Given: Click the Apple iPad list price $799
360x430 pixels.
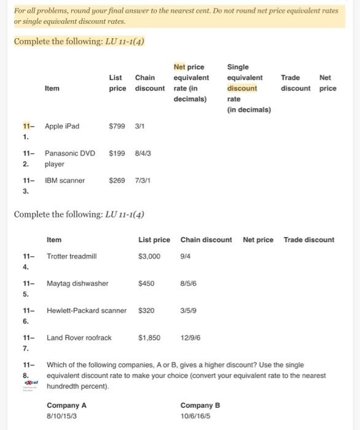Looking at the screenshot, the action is click(x=117, y=127).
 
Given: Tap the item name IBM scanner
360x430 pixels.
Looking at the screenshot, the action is click(x=65, y=181).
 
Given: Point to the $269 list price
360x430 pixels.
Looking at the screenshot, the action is click(x=117, y=181).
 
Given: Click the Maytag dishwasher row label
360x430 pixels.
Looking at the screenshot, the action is click(x=77, y=283).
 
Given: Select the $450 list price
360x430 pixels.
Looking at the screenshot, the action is click(x=147, y=283).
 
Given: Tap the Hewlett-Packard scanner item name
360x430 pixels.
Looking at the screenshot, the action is click(x=87, y=310).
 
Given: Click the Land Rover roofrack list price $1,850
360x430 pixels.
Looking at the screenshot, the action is click(x=149, y=337).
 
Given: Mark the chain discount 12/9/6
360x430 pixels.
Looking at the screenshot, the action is click(x=190, y=337).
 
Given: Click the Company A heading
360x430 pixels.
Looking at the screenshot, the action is click(x=66, y=405).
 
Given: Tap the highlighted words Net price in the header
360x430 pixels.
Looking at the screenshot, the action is click(x=189, y=67).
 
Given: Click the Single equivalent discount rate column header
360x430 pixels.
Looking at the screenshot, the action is click(x=245, y=88).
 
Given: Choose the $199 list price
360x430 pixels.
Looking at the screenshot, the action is click(x=117, y=153).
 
